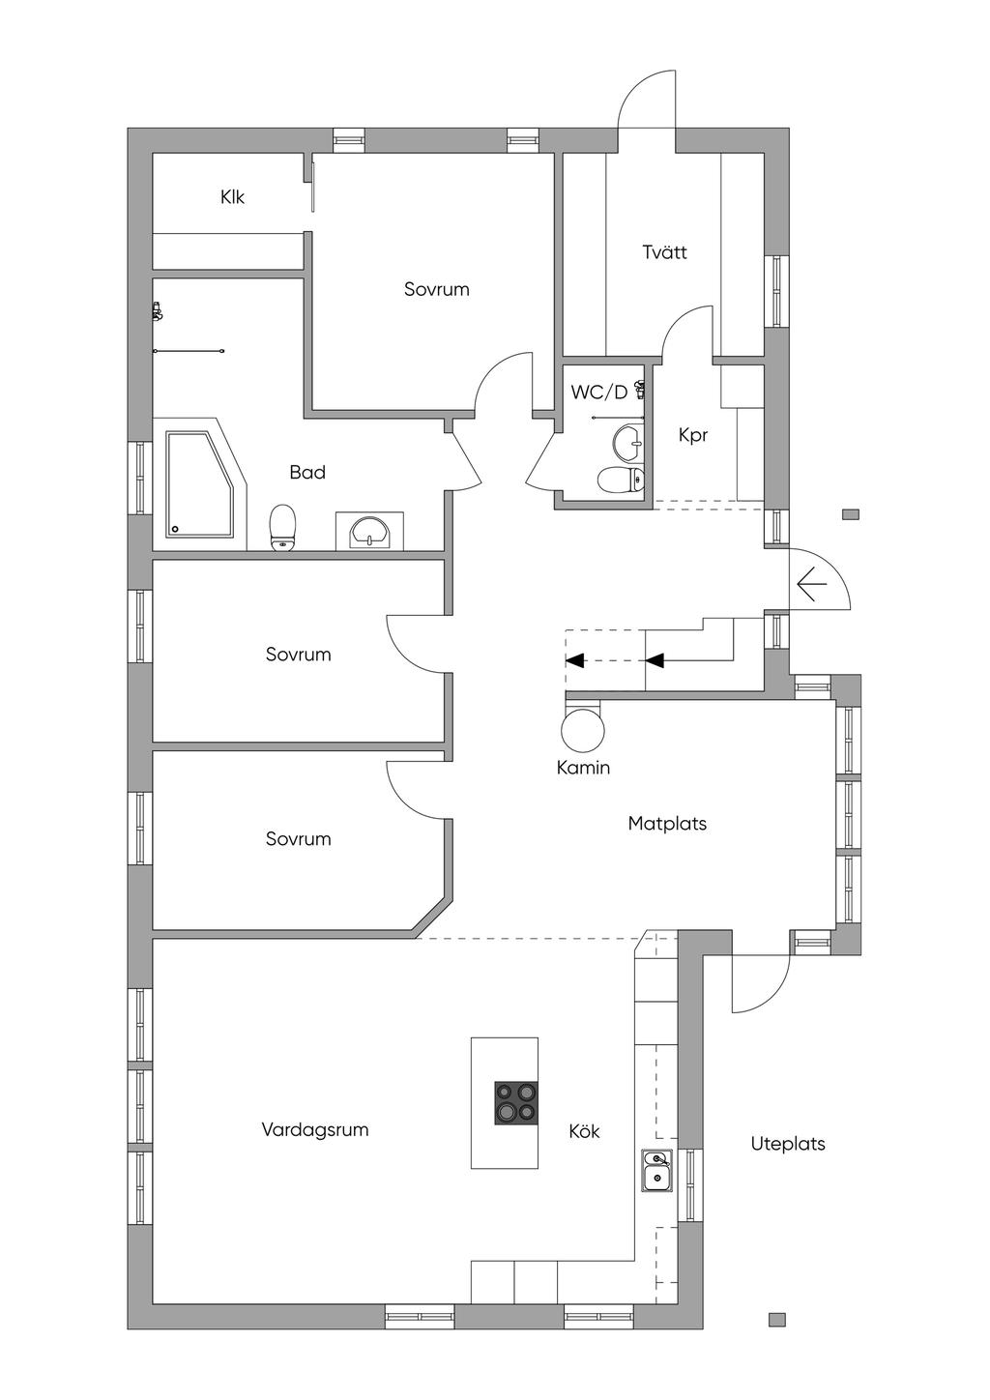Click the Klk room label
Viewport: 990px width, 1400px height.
pos(232,197)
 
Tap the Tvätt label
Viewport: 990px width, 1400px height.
pos(664,252)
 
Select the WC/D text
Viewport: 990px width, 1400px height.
pos(598,393)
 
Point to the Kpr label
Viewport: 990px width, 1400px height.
pos(693,436)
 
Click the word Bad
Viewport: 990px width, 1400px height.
pos(307,472)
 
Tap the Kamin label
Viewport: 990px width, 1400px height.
pos(583,768)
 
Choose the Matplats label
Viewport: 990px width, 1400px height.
pos(667,824)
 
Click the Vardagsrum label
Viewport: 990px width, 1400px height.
pos(315,1129)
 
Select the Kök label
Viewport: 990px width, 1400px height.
pos(584,1130)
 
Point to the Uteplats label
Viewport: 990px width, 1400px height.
pos(788,1144)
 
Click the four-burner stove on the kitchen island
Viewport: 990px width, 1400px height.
pos(516,1103)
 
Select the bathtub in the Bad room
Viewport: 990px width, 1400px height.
pos(201,483)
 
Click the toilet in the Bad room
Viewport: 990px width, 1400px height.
pos(282,528)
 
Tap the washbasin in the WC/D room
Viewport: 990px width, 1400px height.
pos(626,441)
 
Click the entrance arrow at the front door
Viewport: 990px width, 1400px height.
pos(812,584)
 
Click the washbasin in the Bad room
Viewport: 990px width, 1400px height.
pos(370,533)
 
